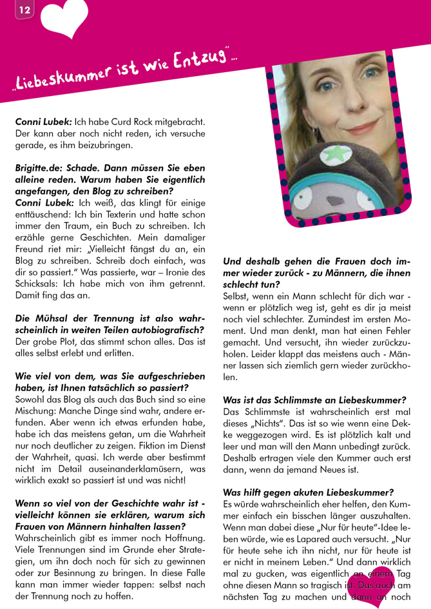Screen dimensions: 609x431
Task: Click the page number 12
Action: tap(24, 10)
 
